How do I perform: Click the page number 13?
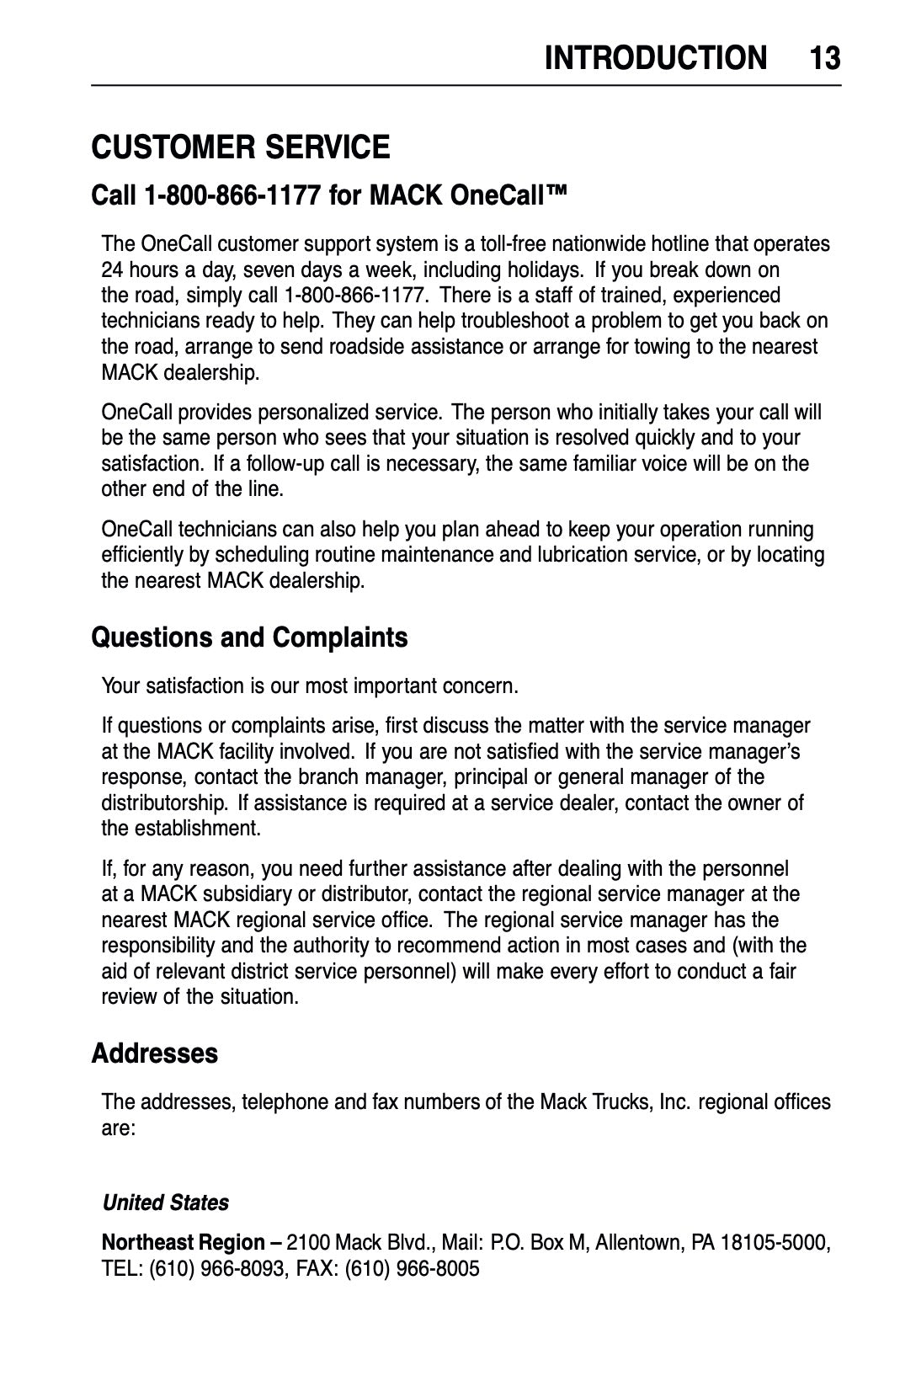click(x=824, y=58)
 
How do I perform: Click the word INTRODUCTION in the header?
click(x=656, y=58)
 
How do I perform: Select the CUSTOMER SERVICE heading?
click(x=241, y=147)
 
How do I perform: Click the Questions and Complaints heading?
click(x=249, y=637)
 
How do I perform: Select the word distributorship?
click(x=164, y=803)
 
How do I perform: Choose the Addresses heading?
click(x=154, y=1053)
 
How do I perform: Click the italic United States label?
click(x=166, y=1203)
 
